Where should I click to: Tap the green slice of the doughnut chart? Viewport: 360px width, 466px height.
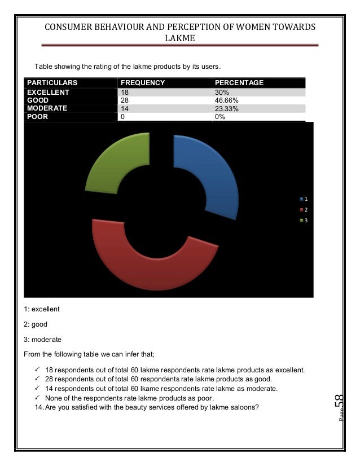116,161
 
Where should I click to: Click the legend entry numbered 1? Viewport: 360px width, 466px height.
304,199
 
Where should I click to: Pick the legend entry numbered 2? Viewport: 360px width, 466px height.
304,210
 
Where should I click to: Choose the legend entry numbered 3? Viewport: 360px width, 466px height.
304,220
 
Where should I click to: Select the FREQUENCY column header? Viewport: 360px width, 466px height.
143,83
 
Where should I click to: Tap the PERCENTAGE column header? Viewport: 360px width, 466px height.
239,83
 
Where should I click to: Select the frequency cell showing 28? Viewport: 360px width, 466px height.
125,100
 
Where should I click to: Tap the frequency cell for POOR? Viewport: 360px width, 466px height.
123,117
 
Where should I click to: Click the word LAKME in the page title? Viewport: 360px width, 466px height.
179,38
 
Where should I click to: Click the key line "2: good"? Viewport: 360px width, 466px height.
36,324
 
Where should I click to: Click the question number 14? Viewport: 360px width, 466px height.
38,407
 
